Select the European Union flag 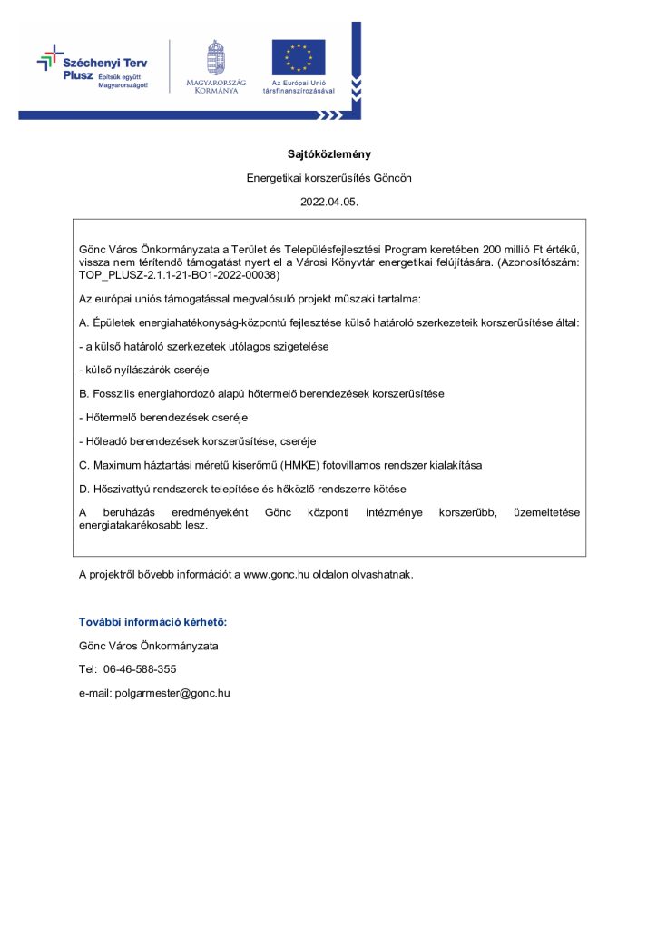[x=298, y=56]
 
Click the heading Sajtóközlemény [x=328, y=154]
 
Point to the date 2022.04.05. [x=328, y=203]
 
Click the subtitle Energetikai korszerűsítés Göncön [x=328, y=178]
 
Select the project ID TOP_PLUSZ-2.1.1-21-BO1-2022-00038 [x=180, y=274]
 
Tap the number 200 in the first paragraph [x=493, y=249]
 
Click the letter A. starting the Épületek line [x=84, y=322]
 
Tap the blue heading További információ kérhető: [x=152, y=622]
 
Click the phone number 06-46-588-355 [x=140, y=669]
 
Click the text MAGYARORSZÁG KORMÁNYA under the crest [x=216, y=86]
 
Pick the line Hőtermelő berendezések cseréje [x=163, y=418]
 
